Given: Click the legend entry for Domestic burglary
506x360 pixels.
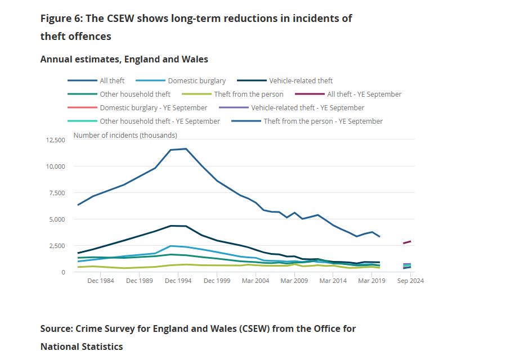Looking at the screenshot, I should pyautogui.click(x=196, y=80).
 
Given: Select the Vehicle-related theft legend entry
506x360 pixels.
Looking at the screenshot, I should pyautogui.click(x=301, y=80).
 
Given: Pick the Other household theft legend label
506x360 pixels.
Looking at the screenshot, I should pyautogui.click(x=135, y=94).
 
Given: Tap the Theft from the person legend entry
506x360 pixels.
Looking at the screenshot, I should pyautogui.click(x=248, y=94).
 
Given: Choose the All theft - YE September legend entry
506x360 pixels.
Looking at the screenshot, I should pyautogui.click(x=364, y=94).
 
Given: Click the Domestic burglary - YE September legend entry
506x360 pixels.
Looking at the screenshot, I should pyautogui.click(x=153, y=107).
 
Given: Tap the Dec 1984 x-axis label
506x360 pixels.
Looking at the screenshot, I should pyautogui.click(x=101, y=281).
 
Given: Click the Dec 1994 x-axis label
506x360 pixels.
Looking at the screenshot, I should pyautogui.click(x=178, y=281).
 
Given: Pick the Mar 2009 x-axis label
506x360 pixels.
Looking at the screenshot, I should pyautogui.click(x=294, y=281).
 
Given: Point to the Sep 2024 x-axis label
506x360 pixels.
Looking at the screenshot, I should pyautogui.click(x=410, y=281).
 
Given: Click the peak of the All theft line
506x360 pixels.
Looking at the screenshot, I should pyautogui.click(x=186, y=148).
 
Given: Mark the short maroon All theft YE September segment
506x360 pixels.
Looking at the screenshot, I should pyautogui.click(x=407, y=242).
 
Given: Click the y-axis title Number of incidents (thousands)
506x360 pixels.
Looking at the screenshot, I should pyautogui.click(x=125, y=135).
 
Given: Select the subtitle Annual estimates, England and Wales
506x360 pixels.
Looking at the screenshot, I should pyautogui.click(x=124, y=59).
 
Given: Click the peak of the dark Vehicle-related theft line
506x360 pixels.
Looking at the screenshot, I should pyautogui.click(x=172, y=226).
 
